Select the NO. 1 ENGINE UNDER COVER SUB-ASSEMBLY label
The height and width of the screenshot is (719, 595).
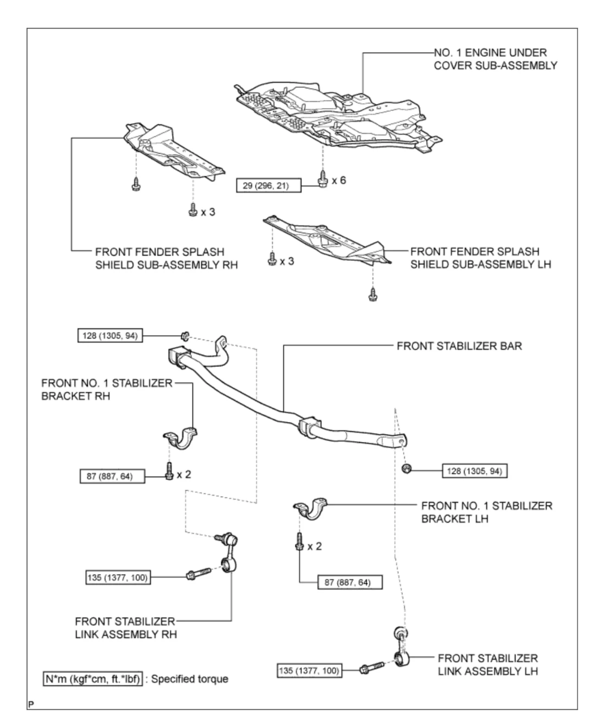[x=495, y=59]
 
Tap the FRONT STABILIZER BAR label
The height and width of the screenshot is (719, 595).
[x=459, y=346]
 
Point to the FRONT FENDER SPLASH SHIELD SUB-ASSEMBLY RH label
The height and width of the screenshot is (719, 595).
[x=166, y=258]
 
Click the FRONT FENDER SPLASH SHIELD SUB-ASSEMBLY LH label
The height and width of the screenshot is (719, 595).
[x=480, y=258]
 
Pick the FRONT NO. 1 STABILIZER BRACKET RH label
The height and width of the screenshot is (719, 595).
[x=106, y=389]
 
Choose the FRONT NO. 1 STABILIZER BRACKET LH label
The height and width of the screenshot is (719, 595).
[x=486, y=512]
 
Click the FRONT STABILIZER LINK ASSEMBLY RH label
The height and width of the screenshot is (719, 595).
[x=126, y=627]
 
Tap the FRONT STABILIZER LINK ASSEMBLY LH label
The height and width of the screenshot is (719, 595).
[x=487, y=664]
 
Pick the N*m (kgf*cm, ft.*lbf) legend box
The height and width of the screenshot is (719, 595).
[x=93, y=679]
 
